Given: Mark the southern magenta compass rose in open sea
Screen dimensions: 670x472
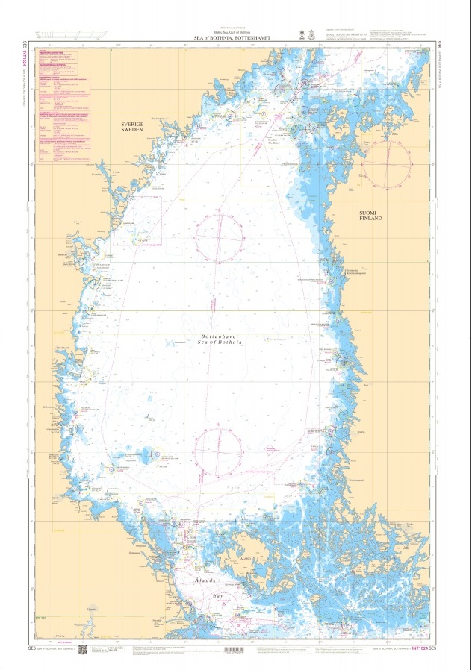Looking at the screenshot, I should (219, 451).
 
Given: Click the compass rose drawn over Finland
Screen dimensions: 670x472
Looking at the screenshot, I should (387, 164).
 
